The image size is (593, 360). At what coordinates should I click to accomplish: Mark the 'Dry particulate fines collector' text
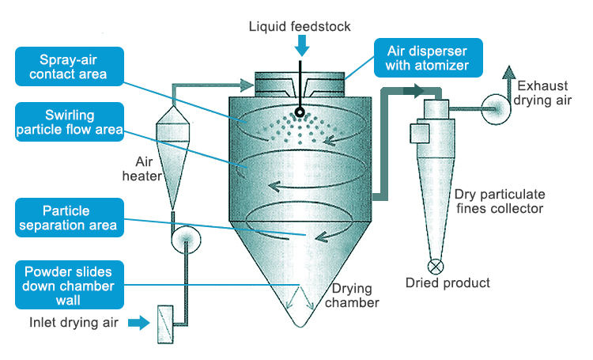click(499, 202)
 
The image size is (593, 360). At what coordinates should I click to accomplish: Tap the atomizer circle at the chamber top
click(301, 112)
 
